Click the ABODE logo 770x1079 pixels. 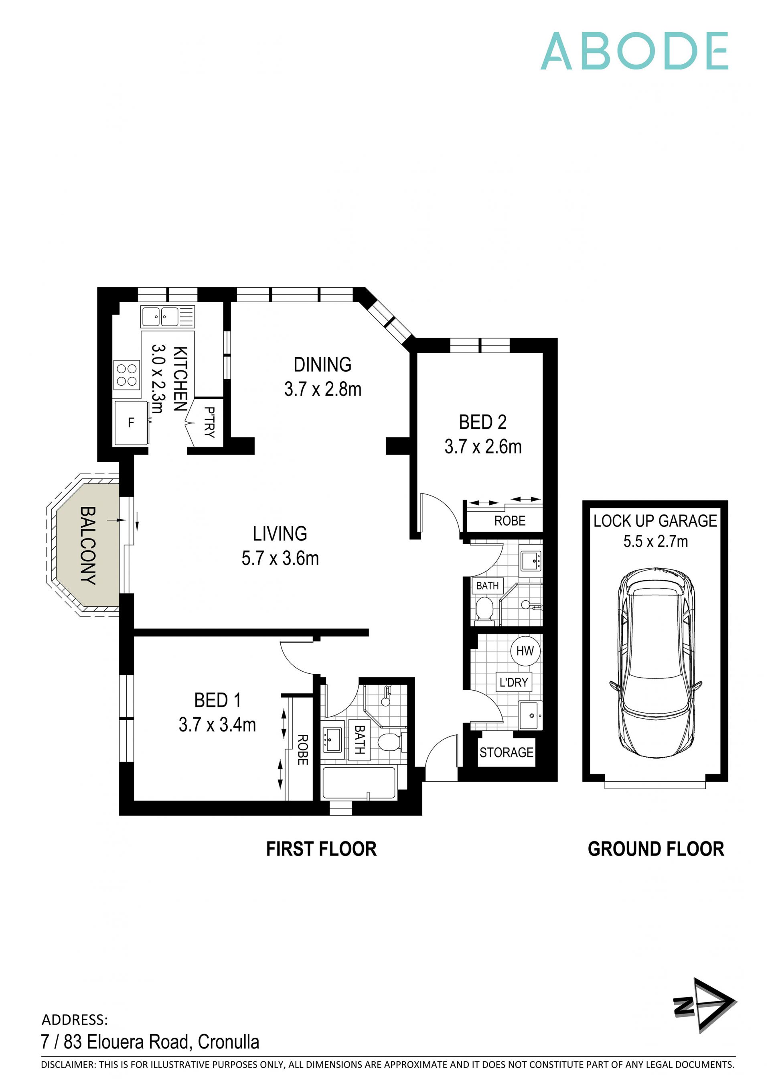click(x=634, y=51)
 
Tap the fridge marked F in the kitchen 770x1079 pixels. click(x=131, y=423)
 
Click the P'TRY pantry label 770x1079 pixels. click(x=209, y=422)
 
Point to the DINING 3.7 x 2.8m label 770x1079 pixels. click(x=322, y=377)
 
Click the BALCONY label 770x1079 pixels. click(x=88, y=545)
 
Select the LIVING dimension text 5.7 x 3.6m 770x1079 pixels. click(x=280, y=558)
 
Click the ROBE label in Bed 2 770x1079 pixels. click(x=510, y=521)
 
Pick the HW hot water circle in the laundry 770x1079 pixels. click(x=525, y=651)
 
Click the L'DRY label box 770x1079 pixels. click(x=513, y=682)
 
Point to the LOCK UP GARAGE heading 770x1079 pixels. click(x=655, y=521)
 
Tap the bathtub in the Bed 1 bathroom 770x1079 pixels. click(x=359, y=782)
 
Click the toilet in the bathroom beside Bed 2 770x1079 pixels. click(x=484, y=608)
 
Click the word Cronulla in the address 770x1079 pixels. click(x=229, y=1042)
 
